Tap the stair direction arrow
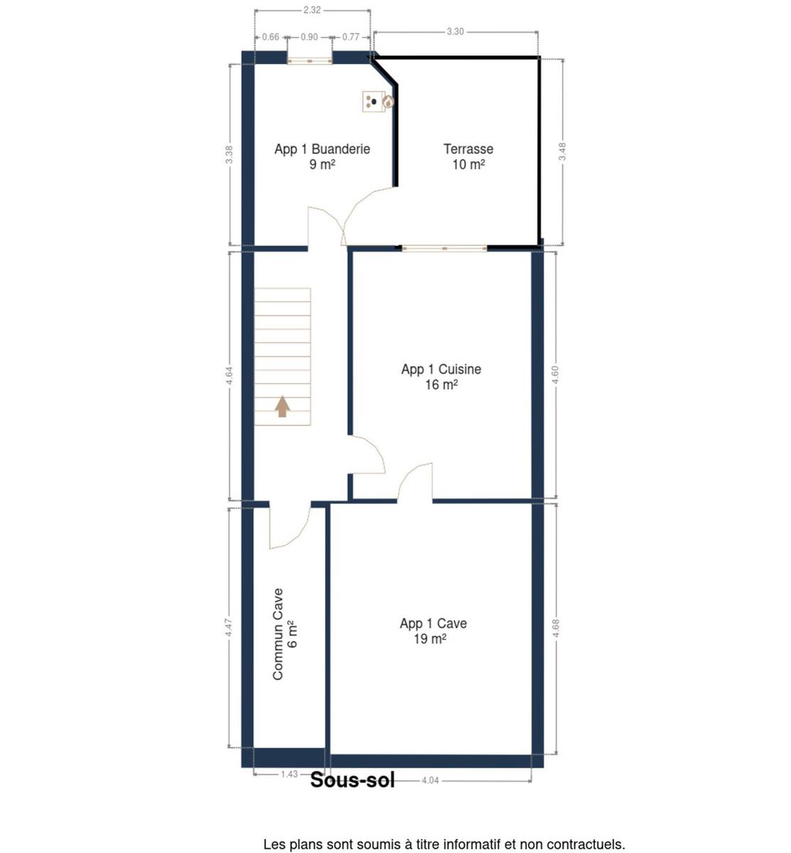coord(282,407)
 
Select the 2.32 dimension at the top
coord(312,10)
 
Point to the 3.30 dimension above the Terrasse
coord(455,32)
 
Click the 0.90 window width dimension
coord(309,38)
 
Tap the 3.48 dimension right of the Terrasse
coord(562,151)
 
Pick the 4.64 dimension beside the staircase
coord(230,376)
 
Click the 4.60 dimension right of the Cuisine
coord(555,375)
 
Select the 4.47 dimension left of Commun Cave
coord(229,628)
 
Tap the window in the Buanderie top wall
coord(310,61)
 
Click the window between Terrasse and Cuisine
coord(444,248)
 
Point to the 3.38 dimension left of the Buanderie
coord(230,154)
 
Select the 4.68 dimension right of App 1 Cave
coord(556,628)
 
